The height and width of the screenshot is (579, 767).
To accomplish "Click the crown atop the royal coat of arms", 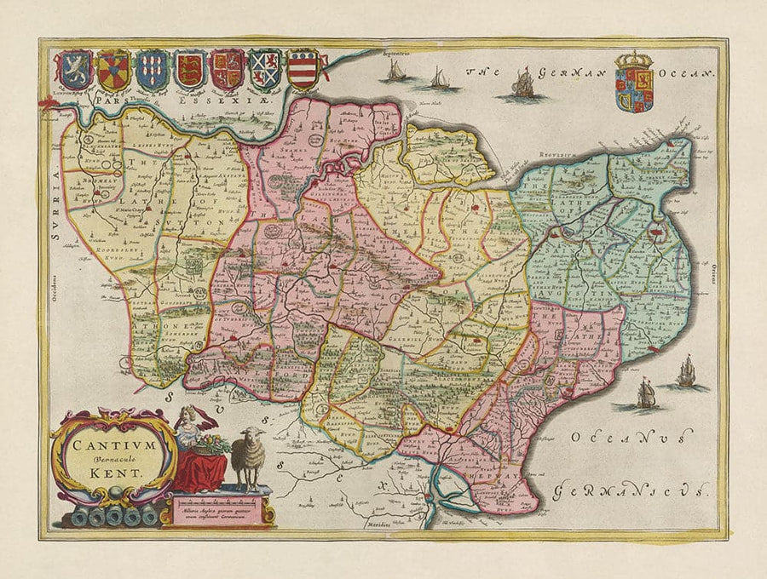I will [x=633, y=60].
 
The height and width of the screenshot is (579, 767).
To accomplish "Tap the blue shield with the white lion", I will [x=75, y=70].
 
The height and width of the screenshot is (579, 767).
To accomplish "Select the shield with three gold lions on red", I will [x=190, y=70].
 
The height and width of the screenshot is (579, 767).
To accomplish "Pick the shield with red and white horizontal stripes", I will [x=303, y=70].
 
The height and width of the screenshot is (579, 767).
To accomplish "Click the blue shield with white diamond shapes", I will [x=152, y=70].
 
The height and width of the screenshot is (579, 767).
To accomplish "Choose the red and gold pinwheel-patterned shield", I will [x=113, y=70].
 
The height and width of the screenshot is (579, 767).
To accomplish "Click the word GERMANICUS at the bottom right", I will [x=631, y=491].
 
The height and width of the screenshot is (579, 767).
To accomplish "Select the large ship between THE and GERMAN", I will [x=522, y=83].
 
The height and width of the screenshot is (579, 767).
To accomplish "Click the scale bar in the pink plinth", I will [x=219, y=502].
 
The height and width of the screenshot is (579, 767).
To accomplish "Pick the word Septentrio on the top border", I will [x=402, y=54].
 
